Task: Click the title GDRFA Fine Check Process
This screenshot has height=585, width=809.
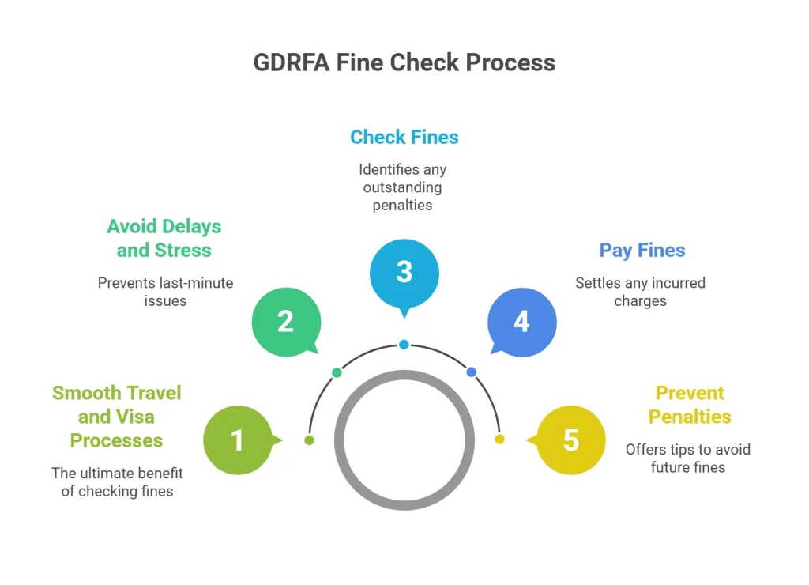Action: (x=404, y=62)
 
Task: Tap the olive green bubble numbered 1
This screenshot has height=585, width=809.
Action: (x=237, y=440)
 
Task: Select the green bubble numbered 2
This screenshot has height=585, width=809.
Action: (x=285, y=322)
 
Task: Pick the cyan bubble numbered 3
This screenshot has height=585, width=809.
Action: (x=404, y=272)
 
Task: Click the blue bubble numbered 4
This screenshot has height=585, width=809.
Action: (x=521, y=322)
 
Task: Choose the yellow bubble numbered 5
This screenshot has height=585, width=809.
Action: (x=570, y=440)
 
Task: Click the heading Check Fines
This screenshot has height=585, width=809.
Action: (x=404, y=137)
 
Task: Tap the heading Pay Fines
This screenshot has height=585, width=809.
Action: (x=642, y=251)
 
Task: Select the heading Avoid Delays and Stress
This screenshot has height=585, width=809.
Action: (x=164, y=238)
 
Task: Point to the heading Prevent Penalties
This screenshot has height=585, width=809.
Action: (x=690, y=405)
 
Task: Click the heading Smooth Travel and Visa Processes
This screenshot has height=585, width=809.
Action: (x=117, y=417)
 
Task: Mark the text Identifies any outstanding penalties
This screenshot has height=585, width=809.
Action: (x=403, y=187)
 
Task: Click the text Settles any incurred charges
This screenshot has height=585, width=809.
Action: (x=640, y=292)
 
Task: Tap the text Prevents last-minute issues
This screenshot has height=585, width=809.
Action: (x=165, y=292)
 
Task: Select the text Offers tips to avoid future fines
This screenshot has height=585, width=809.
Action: (x=687, y=458)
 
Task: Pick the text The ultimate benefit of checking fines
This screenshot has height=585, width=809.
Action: (x=117, y=481)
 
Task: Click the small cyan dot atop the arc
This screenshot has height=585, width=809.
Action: (x=404, y=345)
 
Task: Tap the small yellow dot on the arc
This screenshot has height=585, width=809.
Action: (x=499, y=440)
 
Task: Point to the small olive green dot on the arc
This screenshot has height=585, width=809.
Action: (x=309, y=440)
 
